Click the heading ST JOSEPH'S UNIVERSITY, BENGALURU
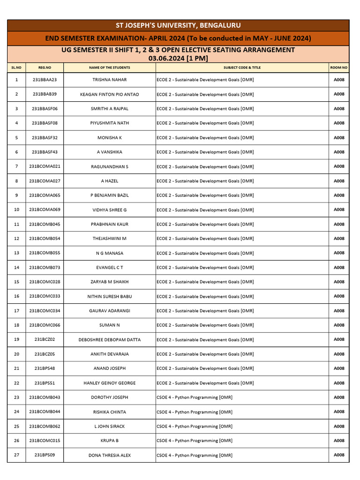(x=178, y=25)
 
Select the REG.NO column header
(x=45, y=67)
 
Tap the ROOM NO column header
(x=338, y=67)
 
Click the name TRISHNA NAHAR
(x=109, y=80)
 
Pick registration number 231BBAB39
(x=45, y=94)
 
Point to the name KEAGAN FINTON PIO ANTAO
(x=109, y=95)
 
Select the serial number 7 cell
(x=17, y=166)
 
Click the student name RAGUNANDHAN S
(x=109, y=167)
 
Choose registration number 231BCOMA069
(x=45, y=210)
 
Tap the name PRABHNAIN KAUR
(x=109, y=225)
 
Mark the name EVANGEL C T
(x=109, y=268)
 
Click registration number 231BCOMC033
(x=45, y=296)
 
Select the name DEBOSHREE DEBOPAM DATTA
(x=109, y=340)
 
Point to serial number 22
(x=17, y=383)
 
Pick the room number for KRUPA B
(x=339, y=441)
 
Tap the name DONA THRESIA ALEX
(x=109, y=456)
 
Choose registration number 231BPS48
(x=45, y=368)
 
